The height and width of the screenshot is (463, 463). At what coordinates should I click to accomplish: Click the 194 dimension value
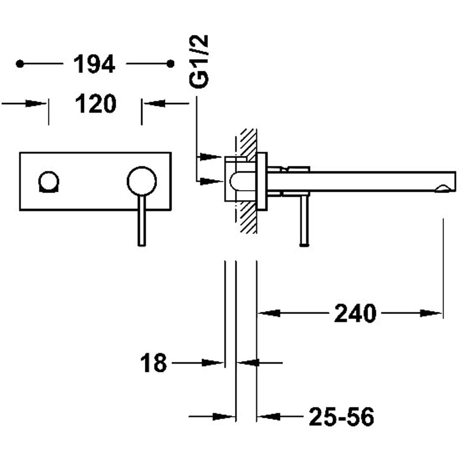click(94, 64)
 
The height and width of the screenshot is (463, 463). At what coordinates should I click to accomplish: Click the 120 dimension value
click(95, 104)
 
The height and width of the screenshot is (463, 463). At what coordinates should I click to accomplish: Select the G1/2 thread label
click(199, 62)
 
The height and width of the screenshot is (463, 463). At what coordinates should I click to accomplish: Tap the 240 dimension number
click(355, 313)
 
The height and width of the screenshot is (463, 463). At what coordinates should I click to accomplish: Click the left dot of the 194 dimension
click(20, 64)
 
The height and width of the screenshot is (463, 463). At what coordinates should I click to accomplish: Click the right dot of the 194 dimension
click(170, 64)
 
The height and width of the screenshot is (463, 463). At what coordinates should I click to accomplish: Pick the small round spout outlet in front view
click(49, 182)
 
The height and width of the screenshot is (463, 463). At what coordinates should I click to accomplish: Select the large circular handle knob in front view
click(142, 181)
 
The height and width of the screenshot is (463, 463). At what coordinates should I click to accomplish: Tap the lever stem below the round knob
click(142, 220)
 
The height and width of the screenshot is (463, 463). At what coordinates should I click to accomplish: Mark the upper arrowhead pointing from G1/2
click(211, 157)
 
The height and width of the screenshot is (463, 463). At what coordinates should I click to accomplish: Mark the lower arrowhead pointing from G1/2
click(211, 181)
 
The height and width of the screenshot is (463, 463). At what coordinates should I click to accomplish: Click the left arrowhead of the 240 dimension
click(269, 313)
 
